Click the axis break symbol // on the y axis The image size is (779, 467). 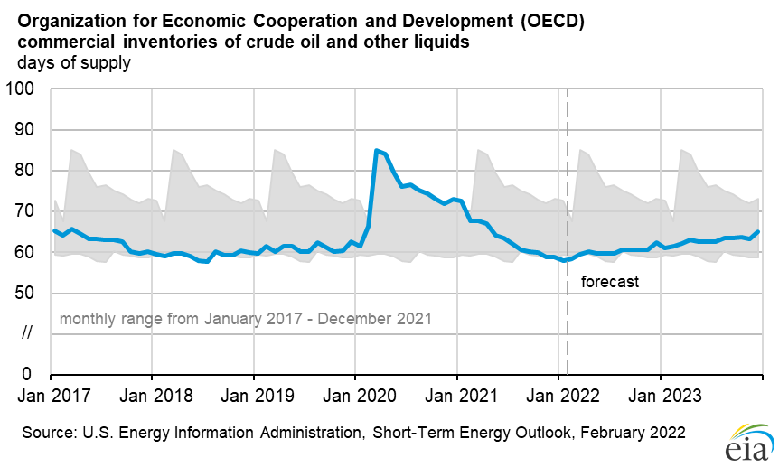[x=26, y=333]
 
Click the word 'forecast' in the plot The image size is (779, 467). [x=609, y=282]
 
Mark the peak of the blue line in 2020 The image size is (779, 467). [x=376, y=150]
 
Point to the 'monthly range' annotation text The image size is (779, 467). [x=245, y=319]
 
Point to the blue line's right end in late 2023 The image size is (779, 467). [x=758, y=232]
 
